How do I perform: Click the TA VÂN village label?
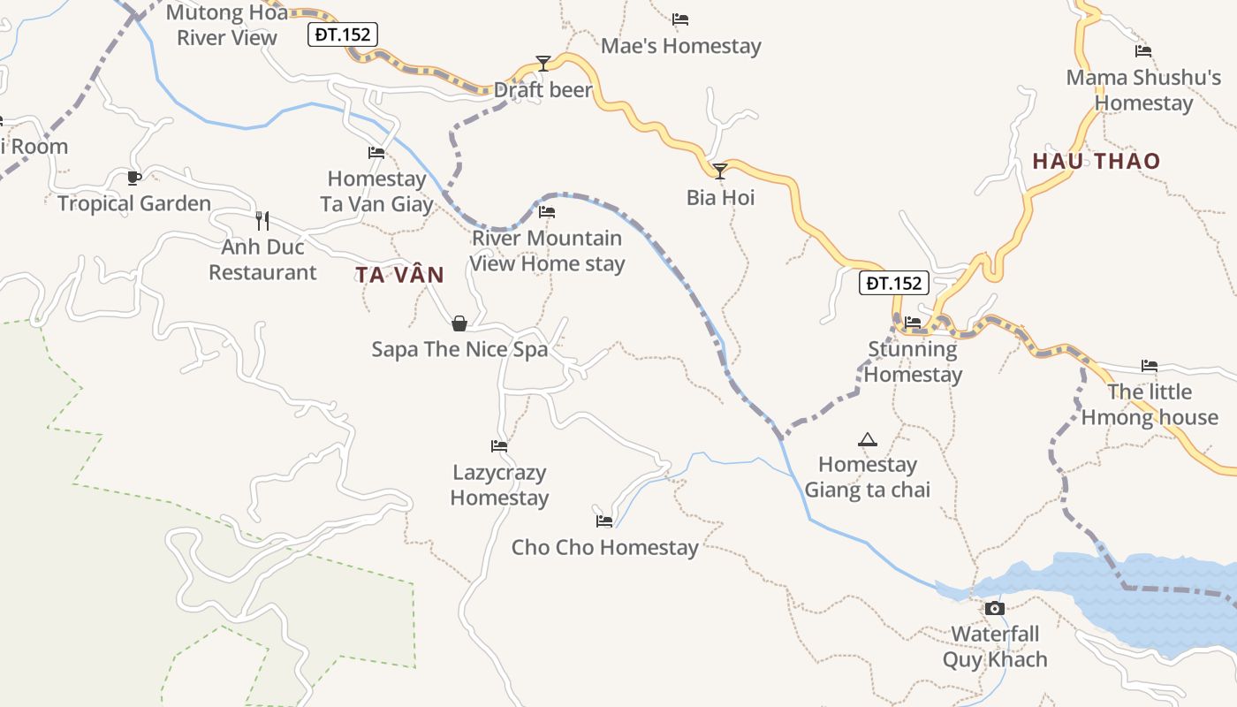point(400,275)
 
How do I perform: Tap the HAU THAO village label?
point(1096,161)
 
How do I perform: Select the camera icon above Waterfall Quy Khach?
point(995,608)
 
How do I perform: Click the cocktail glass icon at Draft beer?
point(543,64)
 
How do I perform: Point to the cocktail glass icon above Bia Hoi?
point(720,171)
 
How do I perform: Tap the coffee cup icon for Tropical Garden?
point(134,179)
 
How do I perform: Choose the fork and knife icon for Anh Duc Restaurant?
point(262,221)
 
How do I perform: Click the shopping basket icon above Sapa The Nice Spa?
point(459,323)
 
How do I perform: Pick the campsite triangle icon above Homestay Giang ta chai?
point(868,439)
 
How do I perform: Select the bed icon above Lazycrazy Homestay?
point(499,446)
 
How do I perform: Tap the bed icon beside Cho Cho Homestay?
point(604,521)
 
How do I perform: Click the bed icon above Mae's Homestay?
point(680,19)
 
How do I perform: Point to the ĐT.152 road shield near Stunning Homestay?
point(894,283)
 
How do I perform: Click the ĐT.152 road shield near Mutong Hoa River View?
point(343,34)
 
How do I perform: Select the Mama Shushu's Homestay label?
point(1143,90)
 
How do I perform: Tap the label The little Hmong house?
point(1150,405)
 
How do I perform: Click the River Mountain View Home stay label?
point(547,251)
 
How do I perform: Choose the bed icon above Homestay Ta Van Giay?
point(376,153)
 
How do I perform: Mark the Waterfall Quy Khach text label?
point(995,647)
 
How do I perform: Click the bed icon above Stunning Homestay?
point(913,323)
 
